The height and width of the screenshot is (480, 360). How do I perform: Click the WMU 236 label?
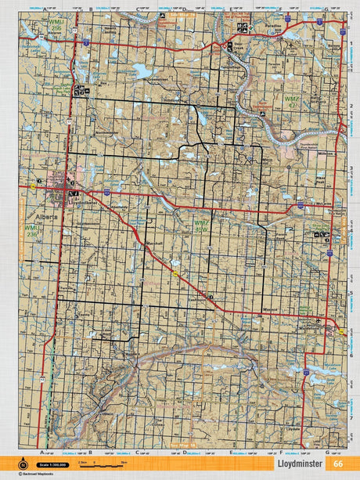32,233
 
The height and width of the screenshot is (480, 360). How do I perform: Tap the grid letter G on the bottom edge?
326,452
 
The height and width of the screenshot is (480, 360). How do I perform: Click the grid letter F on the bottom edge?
278,452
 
